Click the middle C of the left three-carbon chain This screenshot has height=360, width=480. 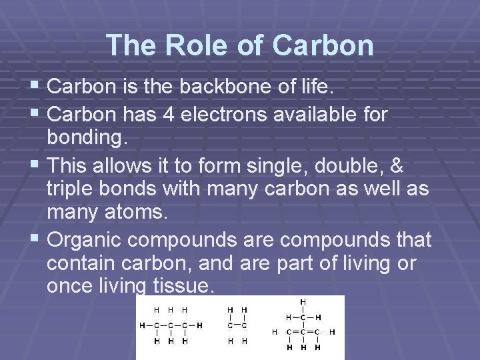(169, 325)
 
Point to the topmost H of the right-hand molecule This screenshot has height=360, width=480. (303, 301)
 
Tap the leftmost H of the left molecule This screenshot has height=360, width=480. (142, 325)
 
